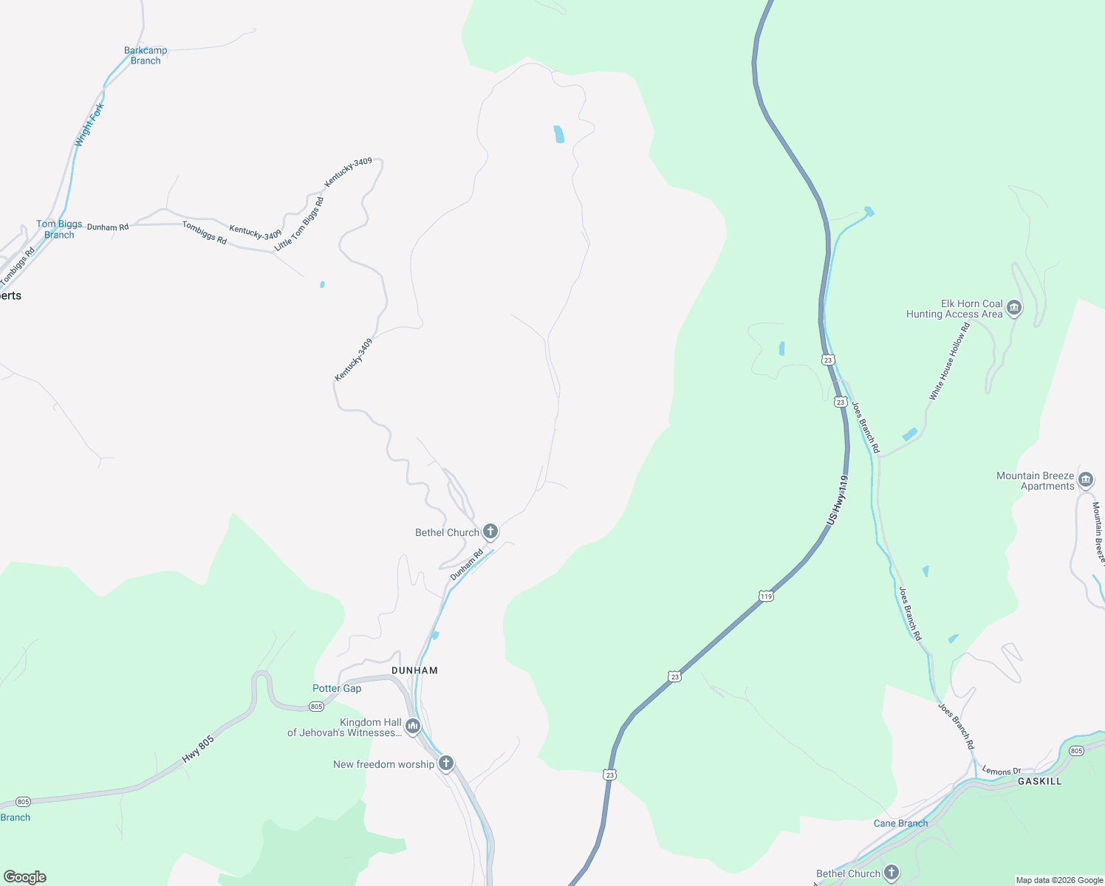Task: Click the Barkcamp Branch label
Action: coord(146,55)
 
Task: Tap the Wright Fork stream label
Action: coord(89,124)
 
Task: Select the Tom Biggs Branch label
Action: coord(59,229)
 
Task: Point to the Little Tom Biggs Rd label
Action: coord(299,224)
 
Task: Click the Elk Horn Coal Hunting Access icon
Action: coord(1014,308)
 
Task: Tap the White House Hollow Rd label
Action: coord(949,362)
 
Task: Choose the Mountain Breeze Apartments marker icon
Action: coord(1086,481)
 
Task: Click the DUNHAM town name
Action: coord(414,670)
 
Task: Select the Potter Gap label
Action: coord(337,688)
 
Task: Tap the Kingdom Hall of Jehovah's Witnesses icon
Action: coord(413,727)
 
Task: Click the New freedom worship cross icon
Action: coord(445,763)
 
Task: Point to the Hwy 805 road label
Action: coord(198,749)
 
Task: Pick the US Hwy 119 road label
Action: coord(838,501)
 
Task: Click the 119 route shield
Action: coord(766,596)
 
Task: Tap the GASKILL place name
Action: coord(1039,780)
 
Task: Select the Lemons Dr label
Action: coord(1001,771)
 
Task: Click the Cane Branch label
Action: coord(900,823)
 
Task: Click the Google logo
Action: coord(25,877)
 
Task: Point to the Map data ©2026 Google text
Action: coord(1059,880)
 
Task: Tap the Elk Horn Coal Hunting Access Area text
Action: coord(954,309)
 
